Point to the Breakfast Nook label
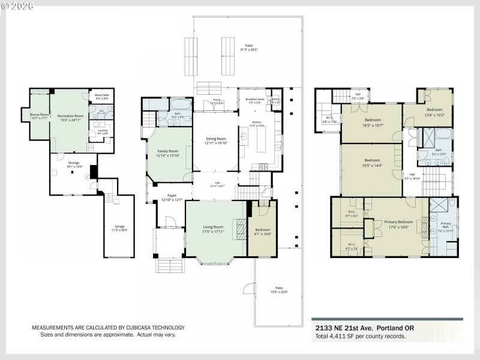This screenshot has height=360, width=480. [x=255, y=100]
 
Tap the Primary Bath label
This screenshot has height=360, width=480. [x=445, y=223]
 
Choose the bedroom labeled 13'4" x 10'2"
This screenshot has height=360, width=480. [x=434, y=110]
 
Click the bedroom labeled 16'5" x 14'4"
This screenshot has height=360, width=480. [x=372, y=160]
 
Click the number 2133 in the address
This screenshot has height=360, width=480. [x=325, y=328]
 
